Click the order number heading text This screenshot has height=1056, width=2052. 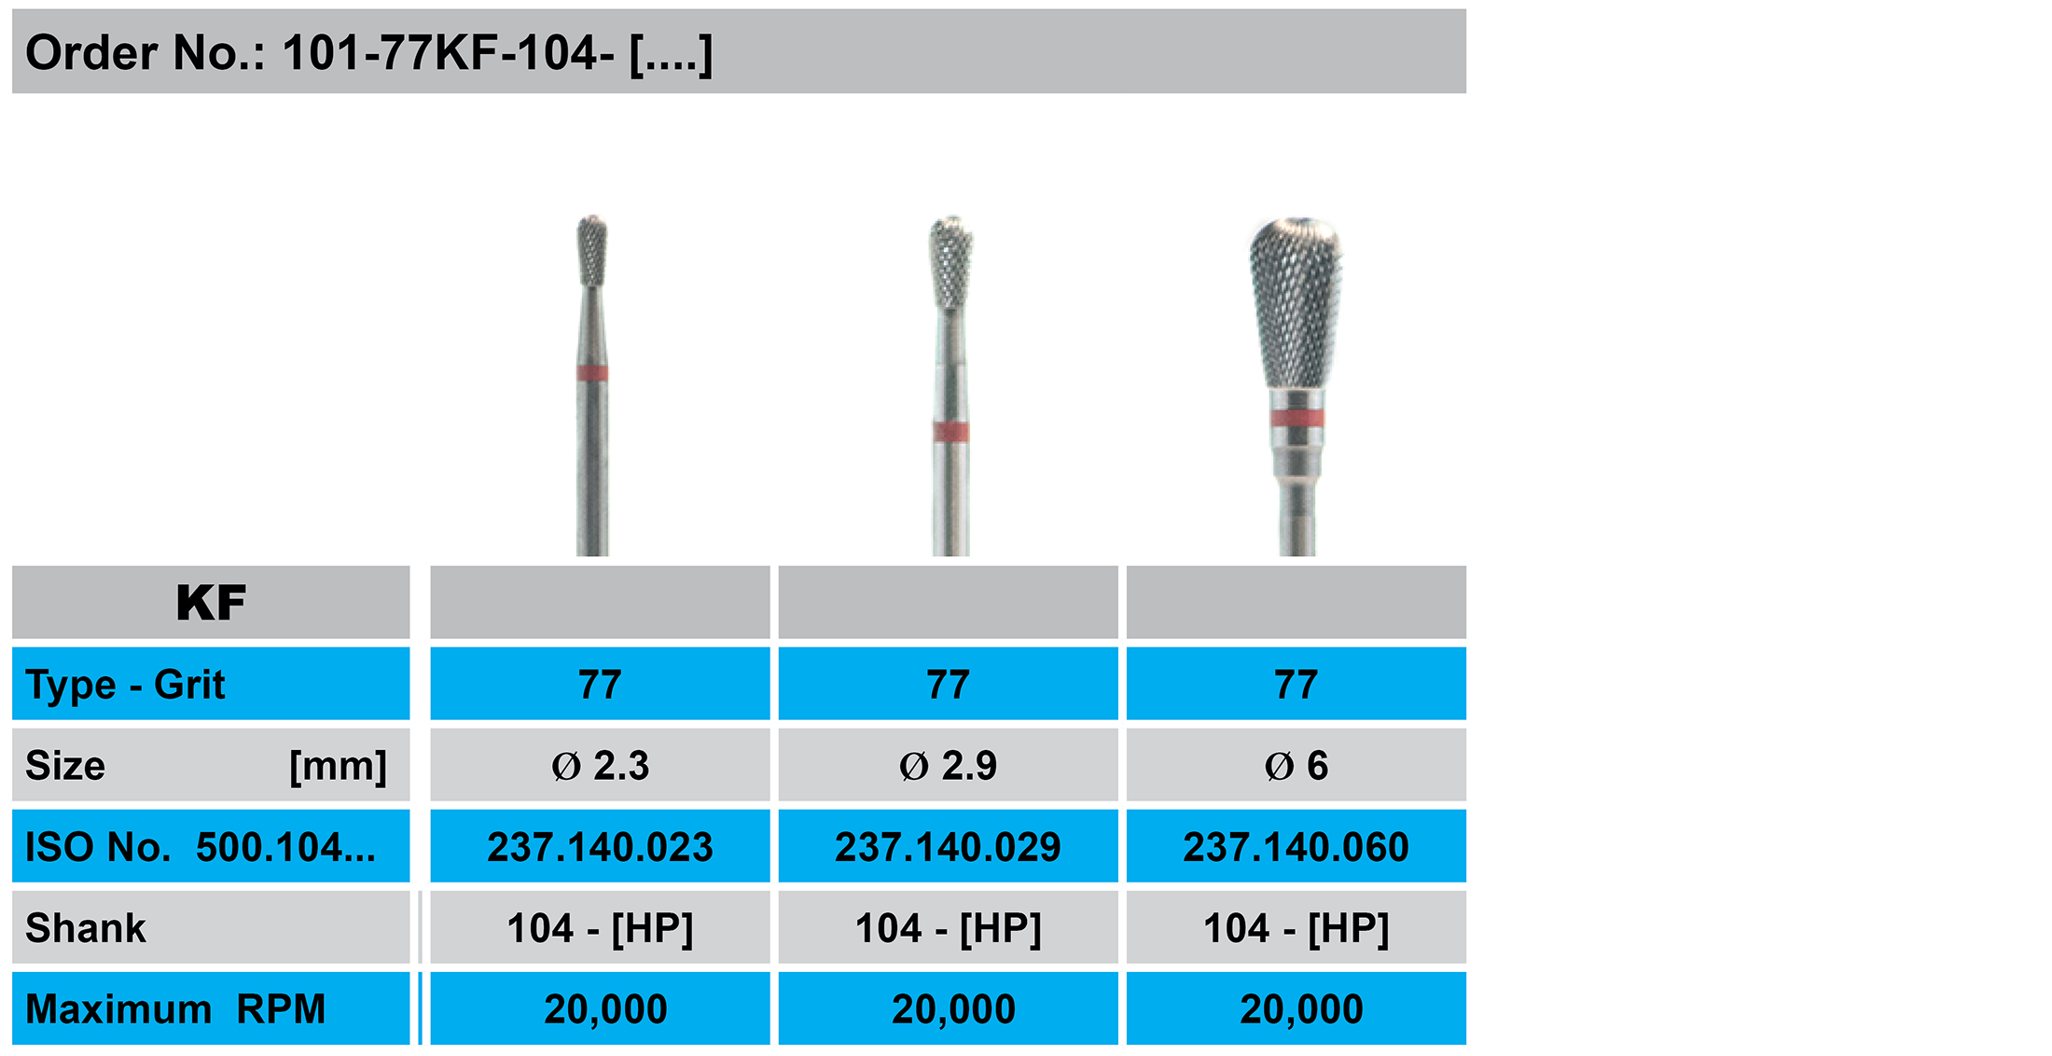(368, 53)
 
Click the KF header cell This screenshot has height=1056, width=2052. (211, 602)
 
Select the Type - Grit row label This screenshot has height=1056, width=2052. (125, 685)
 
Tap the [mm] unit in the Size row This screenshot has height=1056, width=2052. (338, 767)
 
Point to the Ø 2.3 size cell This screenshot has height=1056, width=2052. (600, 766)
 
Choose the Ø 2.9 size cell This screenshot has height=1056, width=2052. (948, 766)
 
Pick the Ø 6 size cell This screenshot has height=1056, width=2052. (1296, 766)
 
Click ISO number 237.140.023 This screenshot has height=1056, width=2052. (600, 847)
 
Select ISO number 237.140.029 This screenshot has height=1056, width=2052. (948, 847)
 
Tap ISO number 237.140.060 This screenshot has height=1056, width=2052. (1296, 847)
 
